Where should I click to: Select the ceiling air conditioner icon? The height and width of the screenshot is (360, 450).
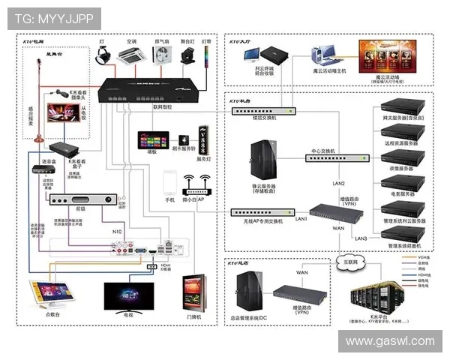tap(132, 55)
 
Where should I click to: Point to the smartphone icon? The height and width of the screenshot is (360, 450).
tap(169, 183)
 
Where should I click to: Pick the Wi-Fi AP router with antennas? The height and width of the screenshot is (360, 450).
tap(195, 184)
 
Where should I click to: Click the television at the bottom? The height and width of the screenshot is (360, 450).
tap(129, 296)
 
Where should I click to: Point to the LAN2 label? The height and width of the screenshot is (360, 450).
tap(338, 184)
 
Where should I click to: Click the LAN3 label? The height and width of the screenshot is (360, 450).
tap(361, 238)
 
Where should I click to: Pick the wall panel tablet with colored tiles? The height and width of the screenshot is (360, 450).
tap(153, 141)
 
